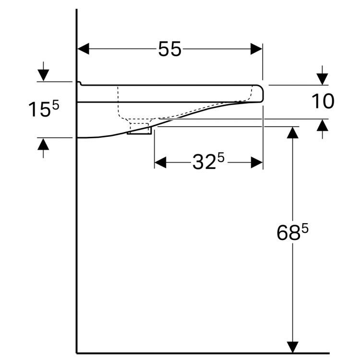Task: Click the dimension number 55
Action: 170,49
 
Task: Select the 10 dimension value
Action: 323,101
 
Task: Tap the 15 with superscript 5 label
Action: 43,109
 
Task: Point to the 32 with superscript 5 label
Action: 208,163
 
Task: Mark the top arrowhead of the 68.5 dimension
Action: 292,133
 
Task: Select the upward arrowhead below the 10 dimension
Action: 322,125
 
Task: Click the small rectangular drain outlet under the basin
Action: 139,131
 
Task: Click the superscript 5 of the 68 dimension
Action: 304,228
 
